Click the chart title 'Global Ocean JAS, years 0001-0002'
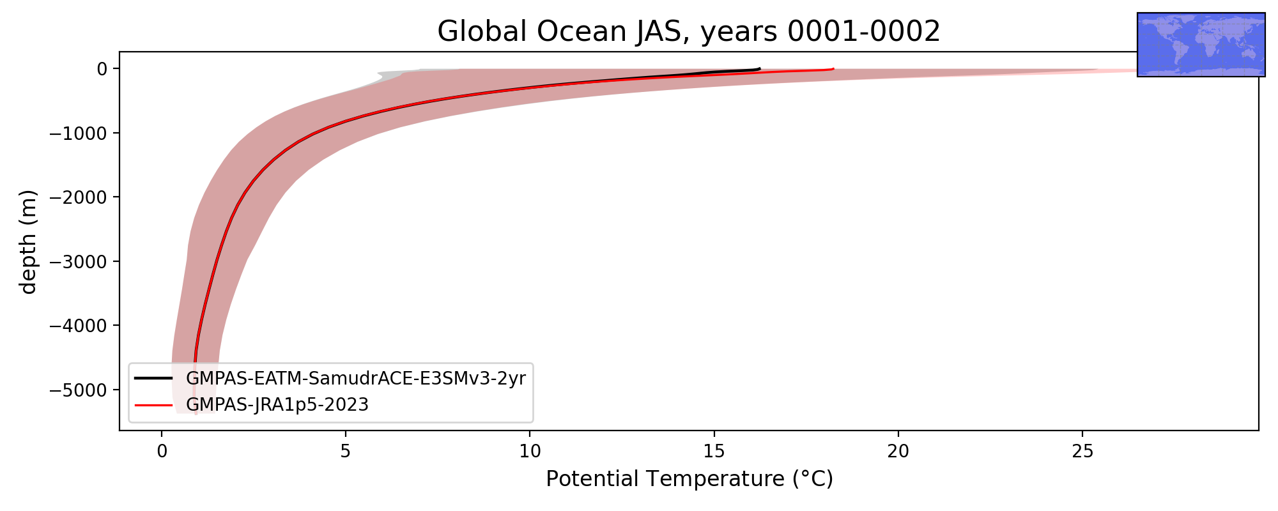689,32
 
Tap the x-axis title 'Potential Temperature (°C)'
689,478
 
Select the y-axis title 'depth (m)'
29,241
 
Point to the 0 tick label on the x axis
162,452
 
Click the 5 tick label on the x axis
346,452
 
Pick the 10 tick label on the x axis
530,452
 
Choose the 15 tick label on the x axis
714,452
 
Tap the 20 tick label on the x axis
898,452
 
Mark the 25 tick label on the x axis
1082,452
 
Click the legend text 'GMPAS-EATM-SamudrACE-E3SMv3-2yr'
356,379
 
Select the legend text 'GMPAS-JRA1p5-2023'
277,405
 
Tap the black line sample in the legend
153,378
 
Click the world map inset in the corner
1201,45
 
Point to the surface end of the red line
833,69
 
